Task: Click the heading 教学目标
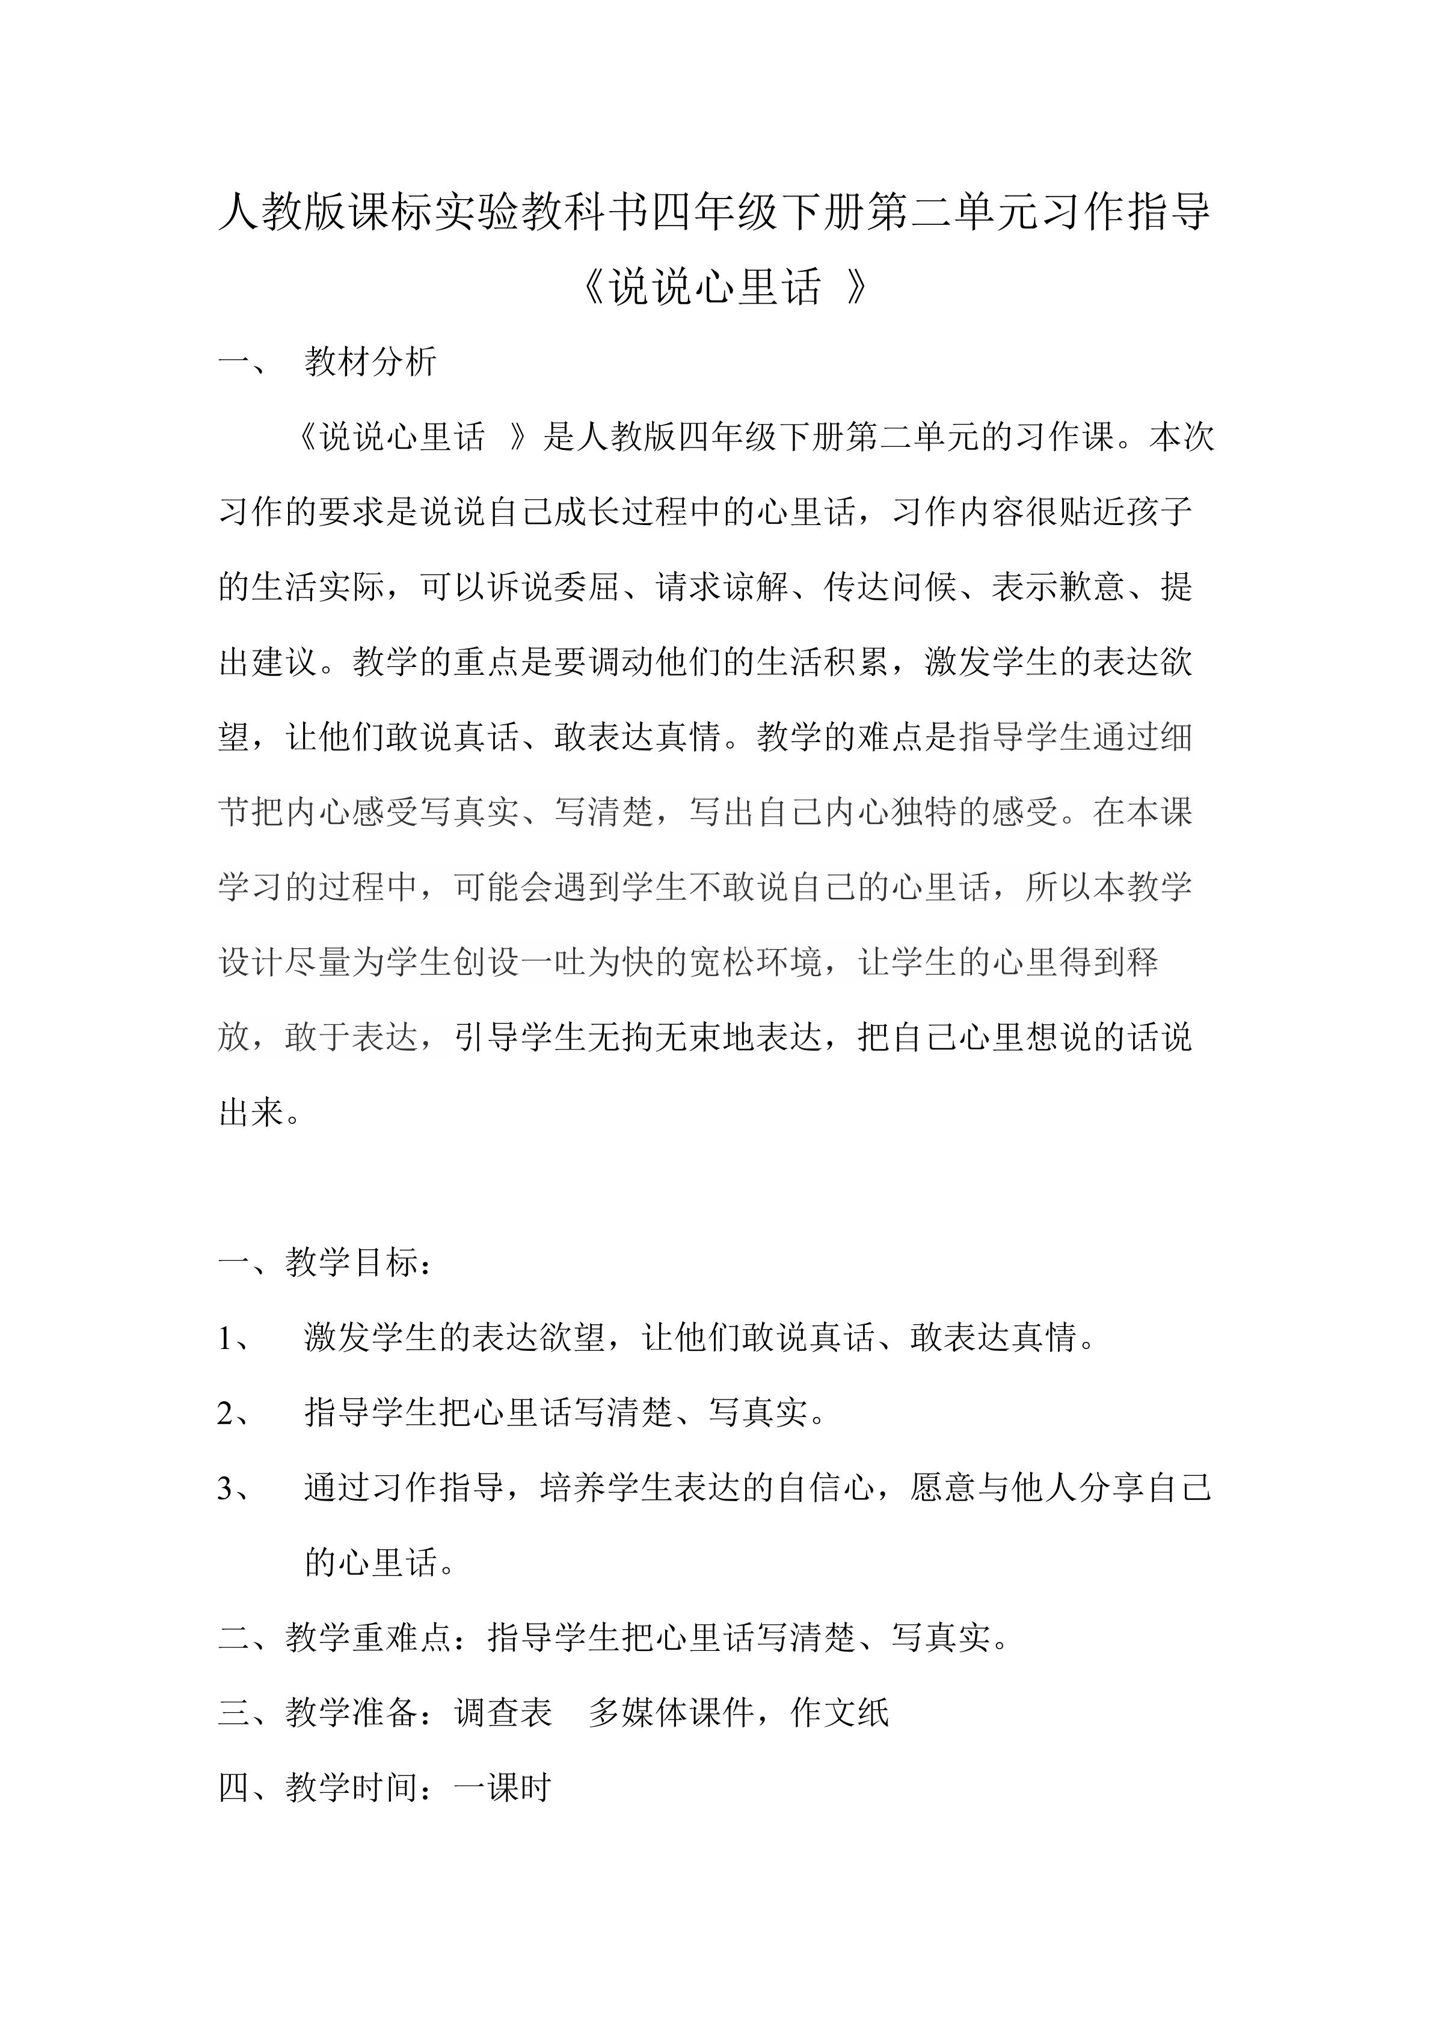coord(352,1262)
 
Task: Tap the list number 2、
coord(235,1413)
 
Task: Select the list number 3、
coord(235,1488)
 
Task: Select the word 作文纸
coord(840,1713)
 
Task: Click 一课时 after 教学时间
coord(503,1788)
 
